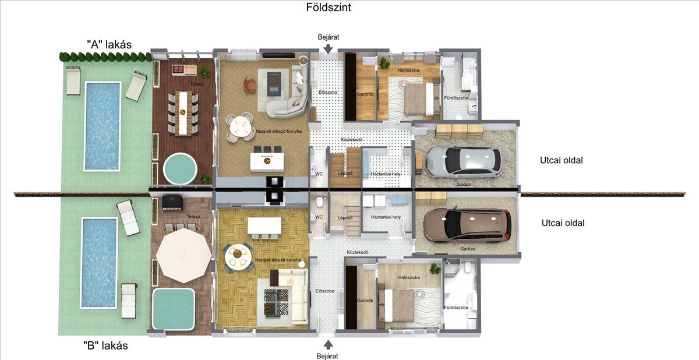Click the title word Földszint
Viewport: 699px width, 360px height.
(329, 7)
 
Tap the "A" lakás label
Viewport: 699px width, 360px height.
(110, 45)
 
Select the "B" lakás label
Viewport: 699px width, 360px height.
(105, 345)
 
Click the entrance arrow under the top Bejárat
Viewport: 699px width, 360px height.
(328, 49)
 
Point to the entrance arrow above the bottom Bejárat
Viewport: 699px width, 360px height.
(328, 344)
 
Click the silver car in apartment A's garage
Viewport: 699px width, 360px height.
(464, 161)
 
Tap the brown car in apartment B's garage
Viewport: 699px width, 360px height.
(467, 225)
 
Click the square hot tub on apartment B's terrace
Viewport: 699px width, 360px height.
(174, 309)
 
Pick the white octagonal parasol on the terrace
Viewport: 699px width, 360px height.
(184, 256)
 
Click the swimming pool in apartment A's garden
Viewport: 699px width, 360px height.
(103, 126)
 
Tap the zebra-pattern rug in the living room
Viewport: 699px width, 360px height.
(276, 302)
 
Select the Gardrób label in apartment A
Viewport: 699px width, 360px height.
(365, 94)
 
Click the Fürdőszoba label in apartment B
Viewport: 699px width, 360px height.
(456, 307)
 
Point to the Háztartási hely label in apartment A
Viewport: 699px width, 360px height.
(386, 174)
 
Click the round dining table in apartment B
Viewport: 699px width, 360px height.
(238, 257)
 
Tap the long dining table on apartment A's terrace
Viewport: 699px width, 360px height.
(183, 113)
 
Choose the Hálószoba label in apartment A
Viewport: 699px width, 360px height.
(408, 70)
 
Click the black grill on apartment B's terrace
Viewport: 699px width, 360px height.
(172, 203)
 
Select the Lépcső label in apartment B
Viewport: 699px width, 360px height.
(345, 218)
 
